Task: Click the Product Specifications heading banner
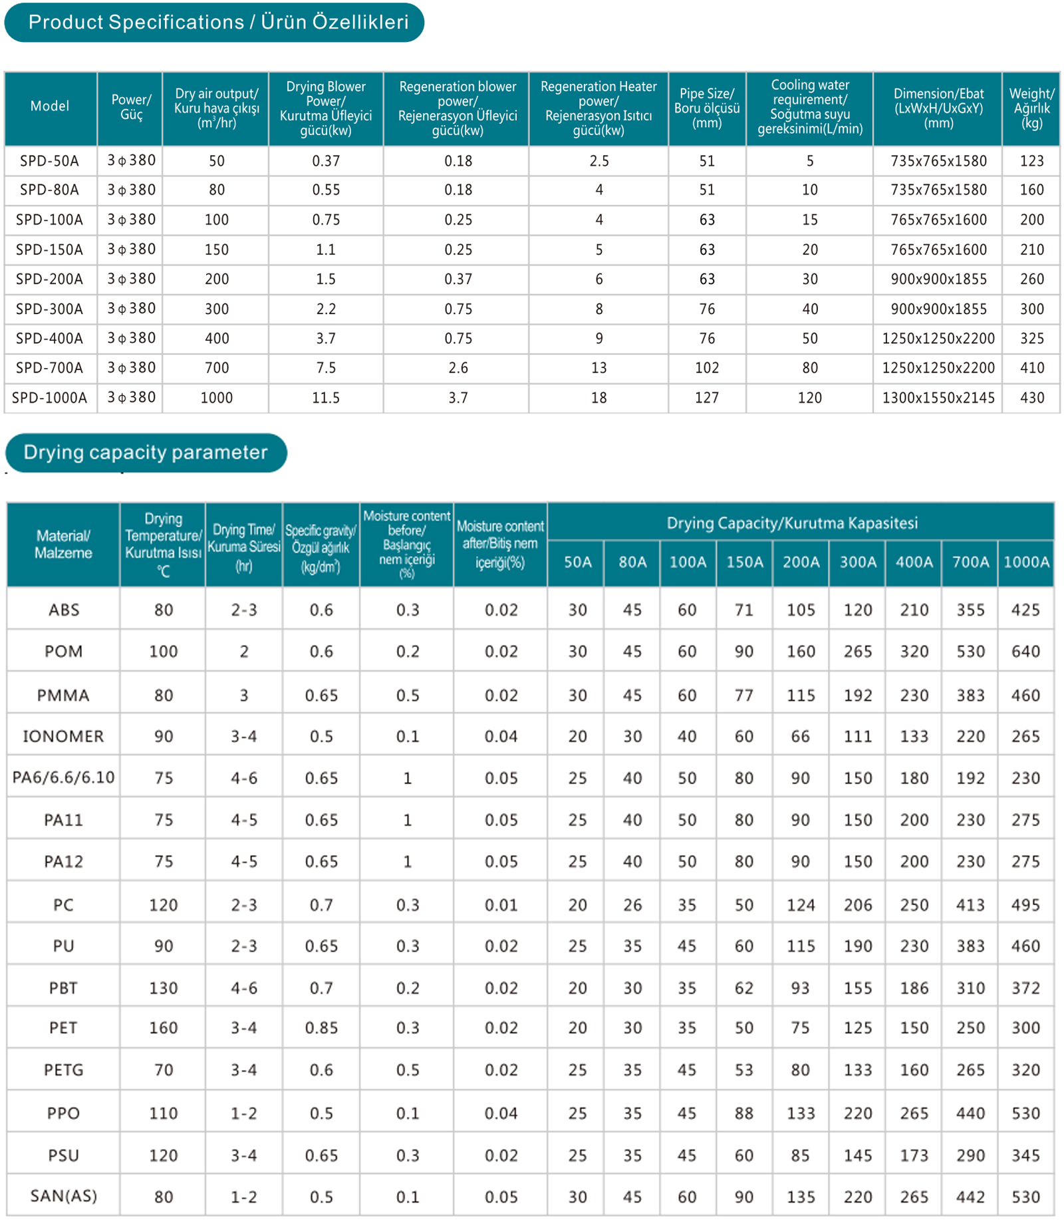click(x=214, y=23)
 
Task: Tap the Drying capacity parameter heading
click(x=146, y=453)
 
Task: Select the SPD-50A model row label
click(x=49, y=161)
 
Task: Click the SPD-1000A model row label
click(x=49, y=398)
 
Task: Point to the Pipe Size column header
click(x=706, y=108)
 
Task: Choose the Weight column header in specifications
click(x=1031, y=108)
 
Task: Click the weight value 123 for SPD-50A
click(x=1031, y=161)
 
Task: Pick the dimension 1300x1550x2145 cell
click(x=938, y=398)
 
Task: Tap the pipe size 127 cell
click(x=706, y=398)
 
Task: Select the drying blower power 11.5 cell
click(x=326, y=398)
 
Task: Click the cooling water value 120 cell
click(x=809, y=398)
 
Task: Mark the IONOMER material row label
click(x=63, y=737)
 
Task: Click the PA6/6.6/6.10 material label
click(x=63, y=777)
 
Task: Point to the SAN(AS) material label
click(x=63, y=1196)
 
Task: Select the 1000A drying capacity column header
click(x=1026, y=562)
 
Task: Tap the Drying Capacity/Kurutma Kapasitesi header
click(x=792, y=523)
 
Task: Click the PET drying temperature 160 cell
click(x=163, y=1028)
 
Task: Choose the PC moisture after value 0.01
click(x=501, y=905)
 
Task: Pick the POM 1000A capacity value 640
click(x=1025, y=652)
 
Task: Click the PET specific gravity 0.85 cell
click(x=321, y=1028)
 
